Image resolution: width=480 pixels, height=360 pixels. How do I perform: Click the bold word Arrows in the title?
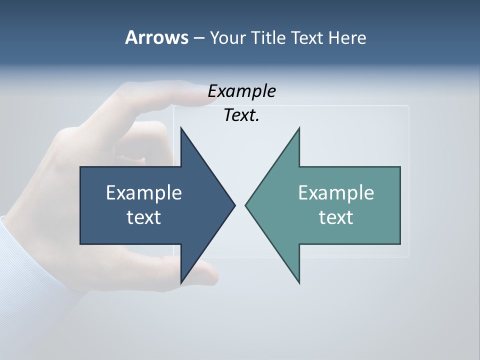pos(156,37)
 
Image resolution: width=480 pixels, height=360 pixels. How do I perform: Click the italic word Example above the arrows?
pos(242,91)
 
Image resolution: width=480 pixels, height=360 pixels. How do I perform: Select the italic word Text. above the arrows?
pos(241,115)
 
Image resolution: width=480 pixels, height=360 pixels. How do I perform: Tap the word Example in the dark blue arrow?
pos(144,192)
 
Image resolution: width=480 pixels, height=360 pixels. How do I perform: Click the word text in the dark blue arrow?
pos(144,217)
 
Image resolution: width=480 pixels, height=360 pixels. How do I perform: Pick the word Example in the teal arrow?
pos(336,192)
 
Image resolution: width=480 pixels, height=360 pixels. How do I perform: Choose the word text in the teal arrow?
pos(336,217)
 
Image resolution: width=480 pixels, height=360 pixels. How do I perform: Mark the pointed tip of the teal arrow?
pos(246,205)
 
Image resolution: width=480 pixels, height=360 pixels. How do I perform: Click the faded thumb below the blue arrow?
pos(207,272)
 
